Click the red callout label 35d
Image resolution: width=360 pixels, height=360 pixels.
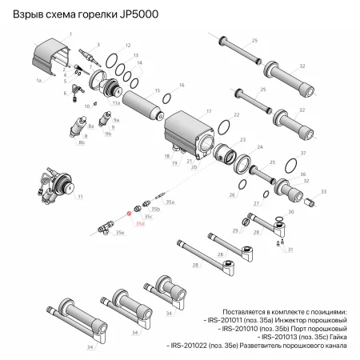pos(140,225)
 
